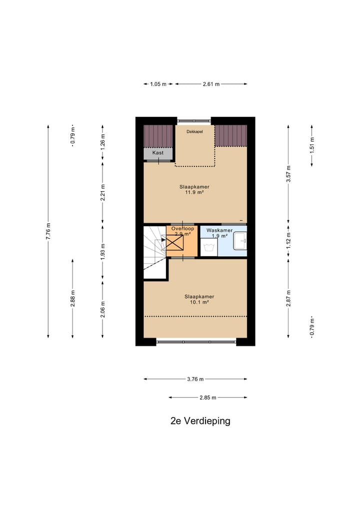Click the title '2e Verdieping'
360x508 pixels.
[x=200, y=421]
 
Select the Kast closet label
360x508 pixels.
[x=158, y=152]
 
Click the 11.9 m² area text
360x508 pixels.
[x=195, y=192]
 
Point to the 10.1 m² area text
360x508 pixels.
[x=195, y=302]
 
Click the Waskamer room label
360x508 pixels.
[x=219, y=230]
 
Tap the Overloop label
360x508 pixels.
[x=182, y=228]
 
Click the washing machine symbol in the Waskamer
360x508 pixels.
[x=209, y=247]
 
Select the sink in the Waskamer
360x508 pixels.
[x=240, y=240]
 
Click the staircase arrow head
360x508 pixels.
[x=162, y=240]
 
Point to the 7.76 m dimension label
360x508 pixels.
[x=48, y=231]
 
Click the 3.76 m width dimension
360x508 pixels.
[x=195, y=379]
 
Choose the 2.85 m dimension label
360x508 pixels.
[x=207, y=398]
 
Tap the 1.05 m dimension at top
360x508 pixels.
[x=158, y=84]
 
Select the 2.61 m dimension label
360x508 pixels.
[x=211, y=84]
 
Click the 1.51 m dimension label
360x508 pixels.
[x=311, y=145]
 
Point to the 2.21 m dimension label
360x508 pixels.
[x=102, y=192]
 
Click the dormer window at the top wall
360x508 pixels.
[x=194, y=120]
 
